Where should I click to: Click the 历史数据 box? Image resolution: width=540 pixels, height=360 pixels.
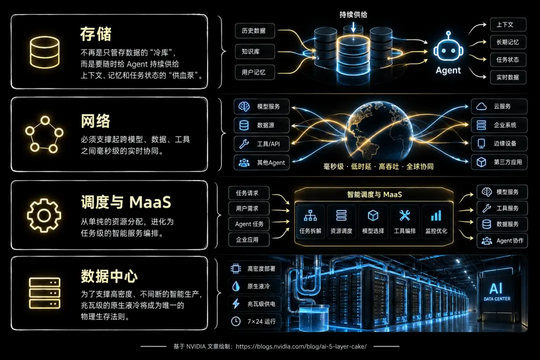point(255,30)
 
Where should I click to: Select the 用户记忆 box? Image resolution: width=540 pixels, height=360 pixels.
point(255,72)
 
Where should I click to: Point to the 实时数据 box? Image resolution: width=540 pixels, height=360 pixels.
point(508,77)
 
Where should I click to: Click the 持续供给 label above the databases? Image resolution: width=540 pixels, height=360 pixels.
point(353,15)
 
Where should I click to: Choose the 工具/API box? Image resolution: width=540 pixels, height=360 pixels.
point(261,143)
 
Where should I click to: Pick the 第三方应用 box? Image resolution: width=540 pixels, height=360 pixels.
point(499,162)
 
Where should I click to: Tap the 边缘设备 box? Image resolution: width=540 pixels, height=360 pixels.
point(499,143)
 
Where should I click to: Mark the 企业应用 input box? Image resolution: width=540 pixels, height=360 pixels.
point(248,239)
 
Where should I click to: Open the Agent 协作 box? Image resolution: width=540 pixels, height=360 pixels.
point(502,241)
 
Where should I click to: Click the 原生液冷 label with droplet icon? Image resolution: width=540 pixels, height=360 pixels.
point(254,286)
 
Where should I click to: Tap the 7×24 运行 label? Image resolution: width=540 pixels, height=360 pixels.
point(254,321)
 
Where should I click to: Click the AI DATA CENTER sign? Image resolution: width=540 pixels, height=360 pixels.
point(496,291)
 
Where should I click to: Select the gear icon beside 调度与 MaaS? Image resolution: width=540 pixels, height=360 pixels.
point(44,215)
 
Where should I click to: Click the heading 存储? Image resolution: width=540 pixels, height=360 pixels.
point(95,34)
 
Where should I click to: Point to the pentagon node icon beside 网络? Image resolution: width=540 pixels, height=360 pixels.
point(44,134)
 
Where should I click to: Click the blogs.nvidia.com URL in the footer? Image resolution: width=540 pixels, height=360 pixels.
point(301,346)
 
